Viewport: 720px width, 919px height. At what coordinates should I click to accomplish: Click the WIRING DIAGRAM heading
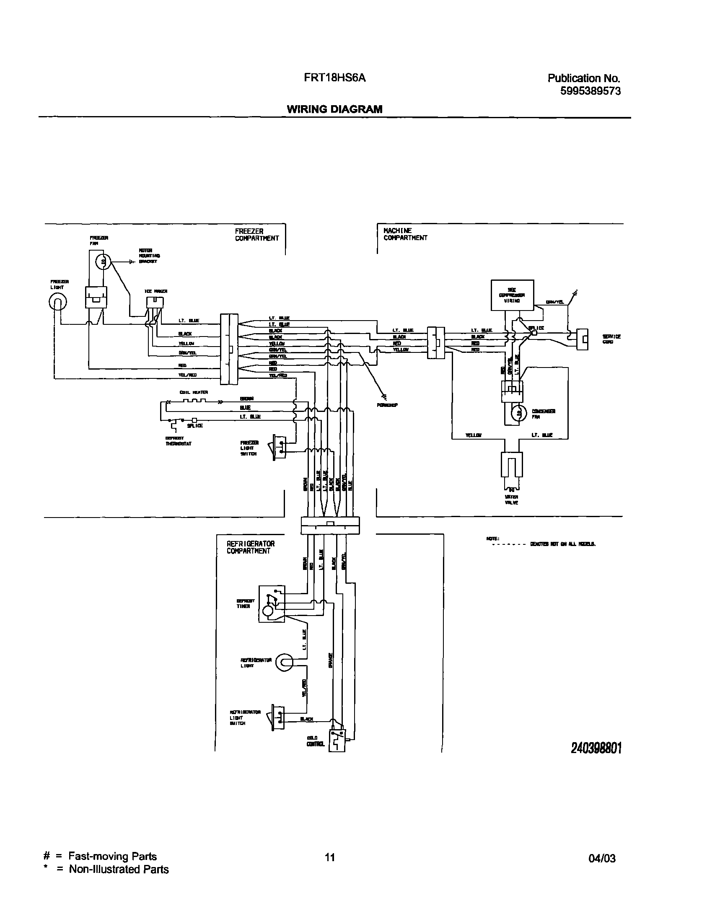(334, 109)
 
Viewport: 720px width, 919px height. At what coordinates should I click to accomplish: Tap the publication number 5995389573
(590, 91)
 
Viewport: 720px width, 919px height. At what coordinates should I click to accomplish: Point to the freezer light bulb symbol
(58, 302)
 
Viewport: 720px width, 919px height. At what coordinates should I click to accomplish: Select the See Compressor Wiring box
(512, 295)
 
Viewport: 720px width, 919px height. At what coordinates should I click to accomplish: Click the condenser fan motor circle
(519, 413)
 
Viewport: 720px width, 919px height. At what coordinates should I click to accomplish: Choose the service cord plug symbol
(583, 339)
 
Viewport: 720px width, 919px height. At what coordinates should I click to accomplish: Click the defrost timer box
(272, 603)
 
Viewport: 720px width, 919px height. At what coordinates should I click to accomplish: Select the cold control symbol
(337, 740)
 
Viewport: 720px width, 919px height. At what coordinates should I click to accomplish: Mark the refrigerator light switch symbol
(278, 716)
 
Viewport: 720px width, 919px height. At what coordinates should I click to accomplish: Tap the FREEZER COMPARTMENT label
(257, 235)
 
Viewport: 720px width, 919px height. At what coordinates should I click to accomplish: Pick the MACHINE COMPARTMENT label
(405, 234)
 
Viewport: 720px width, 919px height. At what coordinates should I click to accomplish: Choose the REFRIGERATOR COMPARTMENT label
(250, 547)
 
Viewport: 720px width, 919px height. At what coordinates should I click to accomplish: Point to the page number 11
(330, 857)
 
